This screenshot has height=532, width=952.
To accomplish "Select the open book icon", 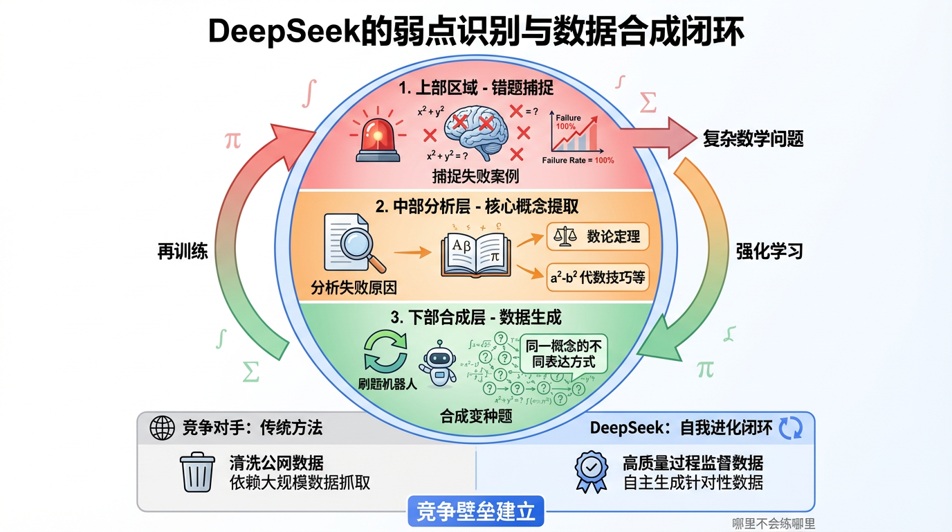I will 475,256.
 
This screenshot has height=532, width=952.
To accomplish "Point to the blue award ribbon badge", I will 591,471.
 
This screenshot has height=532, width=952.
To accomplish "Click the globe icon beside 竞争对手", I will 163,428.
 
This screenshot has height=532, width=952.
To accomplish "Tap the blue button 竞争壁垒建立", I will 475,513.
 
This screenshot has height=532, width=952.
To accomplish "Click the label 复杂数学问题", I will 753,139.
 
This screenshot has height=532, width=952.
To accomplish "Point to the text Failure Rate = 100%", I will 578,161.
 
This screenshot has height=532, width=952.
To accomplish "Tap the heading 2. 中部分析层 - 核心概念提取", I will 477,206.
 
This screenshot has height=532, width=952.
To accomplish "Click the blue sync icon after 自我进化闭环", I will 791,428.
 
